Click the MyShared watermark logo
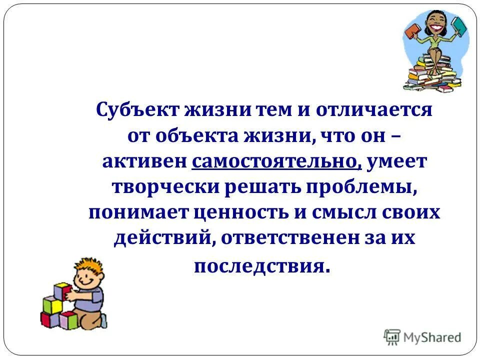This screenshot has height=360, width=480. coord(423,336)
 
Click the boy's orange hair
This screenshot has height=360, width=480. coord(82,265)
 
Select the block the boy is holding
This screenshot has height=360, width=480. coord(62,290)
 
